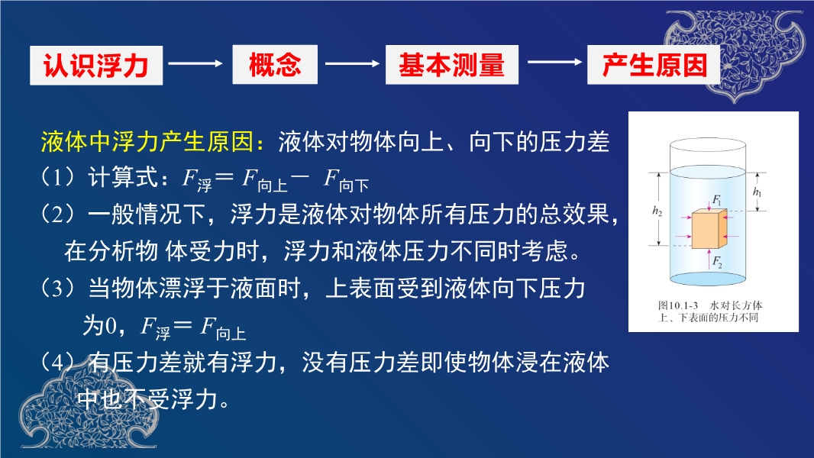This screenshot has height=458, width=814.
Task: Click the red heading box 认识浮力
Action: [96, 66]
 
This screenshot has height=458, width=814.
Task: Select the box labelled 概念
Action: [275, 64]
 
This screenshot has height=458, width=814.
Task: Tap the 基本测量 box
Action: [451, 64]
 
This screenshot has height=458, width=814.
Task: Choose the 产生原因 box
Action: [654, 64]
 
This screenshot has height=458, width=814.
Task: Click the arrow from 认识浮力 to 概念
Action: [195, 63]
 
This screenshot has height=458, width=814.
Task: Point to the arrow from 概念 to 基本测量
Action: [352, 63]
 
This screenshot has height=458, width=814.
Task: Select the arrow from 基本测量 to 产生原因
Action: [554, 63]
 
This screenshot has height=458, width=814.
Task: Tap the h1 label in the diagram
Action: [757, 192]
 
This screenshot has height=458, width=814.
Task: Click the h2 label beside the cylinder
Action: [657, 211]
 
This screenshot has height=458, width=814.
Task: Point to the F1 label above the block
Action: [717, 200]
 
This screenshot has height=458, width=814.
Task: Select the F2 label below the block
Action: [717, 261]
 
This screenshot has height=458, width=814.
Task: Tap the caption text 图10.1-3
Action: [678, 305]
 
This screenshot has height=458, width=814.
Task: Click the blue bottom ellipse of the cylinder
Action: [708, 279]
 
